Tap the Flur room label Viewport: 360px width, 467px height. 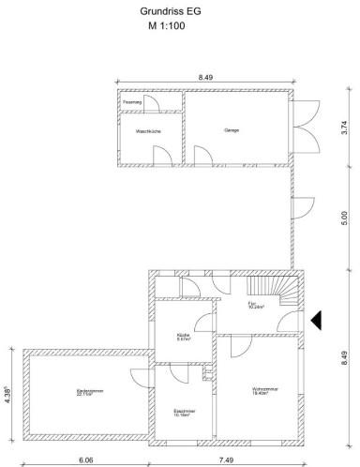click(256, 306)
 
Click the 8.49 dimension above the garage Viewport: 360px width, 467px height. click(204, 76)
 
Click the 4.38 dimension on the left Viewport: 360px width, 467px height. click(7, 394)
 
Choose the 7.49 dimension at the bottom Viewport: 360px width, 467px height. click(227, 460)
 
